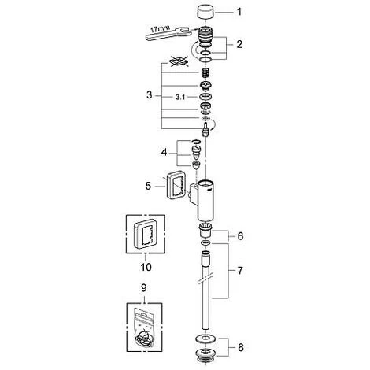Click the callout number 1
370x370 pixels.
[x=239, y=12]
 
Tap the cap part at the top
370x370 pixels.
[x=205, y=13]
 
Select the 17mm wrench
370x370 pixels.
[x=167, y=32]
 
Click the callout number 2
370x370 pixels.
[x=239, y=44]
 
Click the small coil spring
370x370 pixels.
[x=205, y=72]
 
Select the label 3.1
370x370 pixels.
[x=180, y=98]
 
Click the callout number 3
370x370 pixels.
[x=150, y=94]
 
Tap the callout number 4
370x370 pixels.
[x=164, y=152]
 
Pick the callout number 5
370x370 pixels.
[x=149, y=186]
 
